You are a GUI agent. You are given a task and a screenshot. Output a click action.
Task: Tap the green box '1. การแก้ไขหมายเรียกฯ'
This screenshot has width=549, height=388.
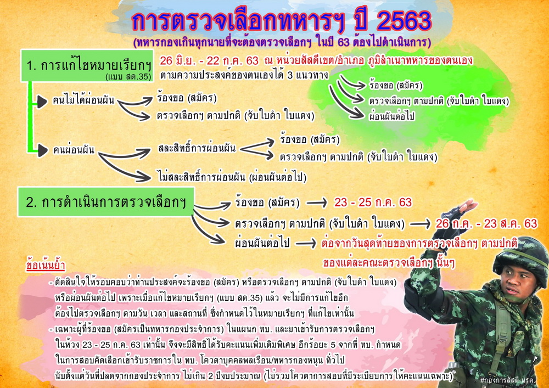(x=87, y=66)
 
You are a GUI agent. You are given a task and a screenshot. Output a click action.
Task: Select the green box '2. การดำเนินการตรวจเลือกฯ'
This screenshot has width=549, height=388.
(x=106, y=202)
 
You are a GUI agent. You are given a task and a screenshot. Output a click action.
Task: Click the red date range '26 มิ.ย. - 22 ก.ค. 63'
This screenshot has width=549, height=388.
(x=209, y=61)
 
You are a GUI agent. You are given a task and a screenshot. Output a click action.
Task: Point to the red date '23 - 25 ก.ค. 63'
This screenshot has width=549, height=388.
(x=373, y=202)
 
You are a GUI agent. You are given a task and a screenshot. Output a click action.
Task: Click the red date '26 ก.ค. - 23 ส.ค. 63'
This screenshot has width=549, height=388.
(x=486, y=223)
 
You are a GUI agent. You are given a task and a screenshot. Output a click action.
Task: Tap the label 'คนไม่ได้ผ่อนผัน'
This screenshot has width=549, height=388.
(x=83, y=101)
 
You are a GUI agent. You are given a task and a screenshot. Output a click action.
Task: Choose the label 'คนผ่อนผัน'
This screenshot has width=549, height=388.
(x=74, y=150)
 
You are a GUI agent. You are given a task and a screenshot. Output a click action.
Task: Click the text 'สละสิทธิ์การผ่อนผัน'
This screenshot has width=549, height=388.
(x=197, y=148)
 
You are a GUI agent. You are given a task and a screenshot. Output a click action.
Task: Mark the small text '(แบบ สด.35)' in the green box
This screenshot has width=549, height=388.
(x=128, y=77)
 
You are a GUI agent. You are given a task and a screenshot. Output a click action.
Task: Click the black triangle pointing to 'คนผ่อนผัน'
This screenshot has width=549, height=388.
(x=43, y=150)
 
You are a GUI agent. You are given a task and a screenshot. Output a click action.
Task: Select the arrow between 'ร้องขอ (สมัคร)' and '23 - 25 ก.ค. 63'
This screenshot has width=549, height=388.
(x=317, y=202)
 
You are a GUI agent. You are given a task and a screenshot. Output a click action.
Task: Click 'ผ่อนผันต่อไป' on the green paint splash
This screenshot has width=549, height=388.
(x=392, y=116)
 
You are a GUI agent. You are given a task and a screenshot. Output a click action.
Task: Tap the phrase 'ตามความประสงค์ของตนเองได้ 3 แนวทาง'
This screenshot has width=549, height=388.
(x=244, y=75)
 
